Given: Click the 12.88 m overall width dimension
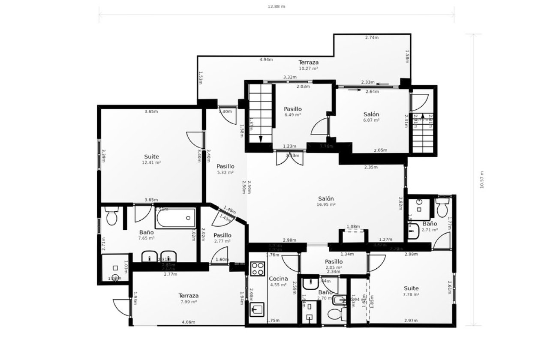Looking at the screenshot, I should (276, 6).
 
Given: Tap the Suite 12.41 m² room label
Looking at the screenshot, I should (151, 159).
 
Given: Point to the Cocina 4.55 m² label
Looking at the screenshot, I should (277, 281).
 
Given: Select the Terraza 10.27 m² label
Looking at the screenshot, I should (308, 65).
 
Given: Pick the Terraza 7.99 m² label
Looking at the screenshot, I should (188, 298).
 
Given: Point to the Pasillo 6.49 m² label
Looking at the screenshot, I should (293, 111).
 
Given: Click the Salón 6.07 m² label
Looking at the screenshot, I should (371, 117).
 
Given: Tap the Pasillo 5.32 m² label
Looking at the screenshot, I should (225, 169).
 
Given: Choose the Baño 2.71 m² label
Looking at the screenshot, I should (430, 226).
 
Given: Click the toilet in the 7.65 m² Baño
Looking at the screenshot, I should (111, 216).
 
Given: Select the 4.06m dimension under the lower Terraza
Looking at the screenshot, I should (188, 322).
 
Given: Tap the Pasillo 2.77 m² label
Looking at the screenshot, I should (222, 238).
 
